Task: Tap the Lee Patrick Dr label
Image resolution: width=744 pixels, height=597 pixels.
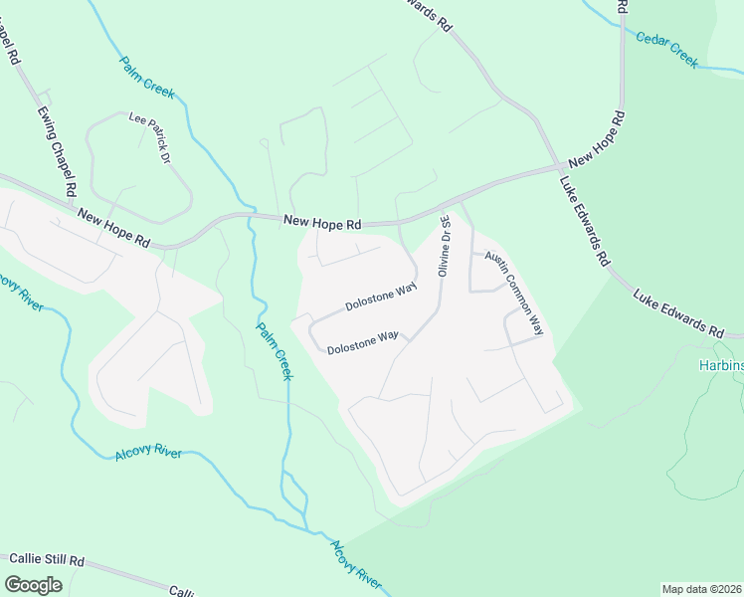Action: click(x=150, y=136)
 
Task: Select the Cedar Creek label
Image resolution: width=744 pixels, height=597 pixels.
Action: click(x=668, y=49)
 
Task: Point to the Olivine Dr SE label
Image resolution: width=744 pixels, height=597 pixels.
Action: click(x=445, y=247)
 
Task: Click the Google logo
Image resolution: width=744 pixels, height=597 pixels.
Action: click(x=33, y=584)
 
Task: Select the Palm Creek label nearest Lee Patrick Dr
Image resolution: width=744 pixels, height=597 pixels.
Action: click(x=147, y=77)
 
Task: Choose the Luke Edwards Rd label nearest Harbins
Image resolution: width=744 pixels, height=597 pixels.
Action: click(x=678, y=312)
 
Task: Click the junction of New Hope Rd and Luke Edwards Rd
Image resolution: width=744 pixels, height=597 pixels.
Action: click(x=557, y=167)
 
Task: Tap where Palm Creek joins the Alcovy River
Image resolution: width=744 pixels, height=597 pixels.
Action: click(x=308, y=527)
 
